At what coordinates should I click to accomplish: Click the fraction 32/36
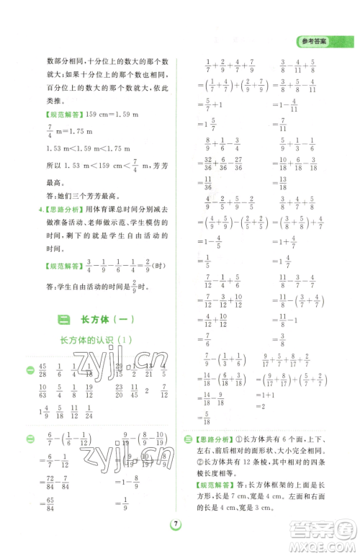[x=207, y=163]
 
